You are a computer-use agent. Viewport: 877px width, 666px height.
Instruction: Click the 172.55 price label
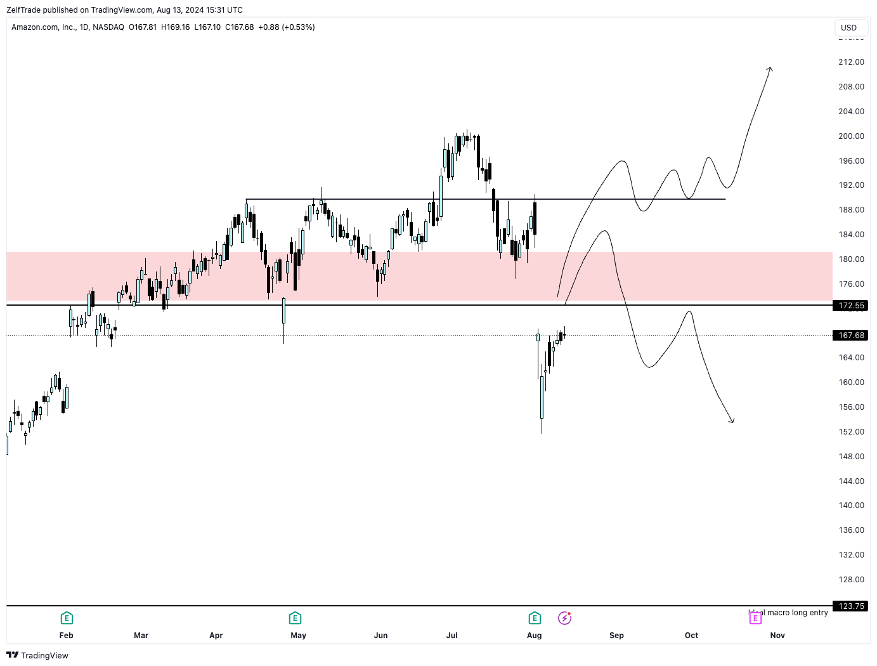point(850,306)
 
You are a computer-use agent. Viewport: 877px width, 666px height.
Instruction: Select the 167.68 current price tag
point(850,336)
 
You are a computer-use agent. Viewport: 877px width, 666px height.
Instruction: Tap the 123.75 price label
point(850,606)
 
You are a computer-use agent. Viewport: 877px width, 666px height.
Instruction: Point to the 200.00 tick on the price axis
point(851,136)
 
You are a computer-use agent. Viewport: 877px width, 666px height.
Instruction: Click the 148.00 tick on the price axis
point(851,457)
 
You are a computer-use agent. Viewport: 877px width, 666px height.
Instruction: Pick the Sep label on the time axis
point(616,636)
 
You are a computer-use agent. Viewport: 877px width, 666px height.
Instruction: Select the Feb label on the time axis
point(67,636)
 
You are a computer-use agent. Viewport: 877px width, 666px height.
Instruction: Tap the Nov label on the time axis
point(777,636)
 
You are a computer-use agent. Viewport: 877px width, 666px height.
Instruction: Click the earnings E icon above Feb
point(67,618)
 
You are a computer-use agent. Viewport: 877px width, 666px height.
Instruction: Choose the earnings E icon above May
point(295,618)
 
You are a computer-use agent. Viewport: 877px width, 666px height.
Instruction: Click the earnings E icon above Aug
point(535,618)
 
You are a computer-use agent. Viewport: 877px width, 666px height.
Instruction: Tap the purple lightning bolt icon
point(564,618)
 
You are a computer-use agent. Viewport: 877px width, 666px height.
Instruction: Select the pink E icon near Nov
point(755,618)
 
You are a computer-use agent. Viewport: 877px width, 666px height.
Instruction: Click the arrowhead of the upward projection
point(770,69)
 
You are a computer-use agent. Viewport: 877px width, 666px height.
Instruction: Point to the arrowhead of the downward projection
point(732,421)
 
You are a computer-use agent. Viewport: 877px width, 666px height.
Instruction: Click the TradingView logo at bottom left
point(37,655)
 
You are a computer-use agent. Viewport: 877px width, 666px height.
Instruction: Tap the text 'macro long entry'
point(797,613)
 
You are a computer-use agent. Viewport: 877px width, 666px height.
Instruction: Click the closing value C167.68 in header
point(240,27)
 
